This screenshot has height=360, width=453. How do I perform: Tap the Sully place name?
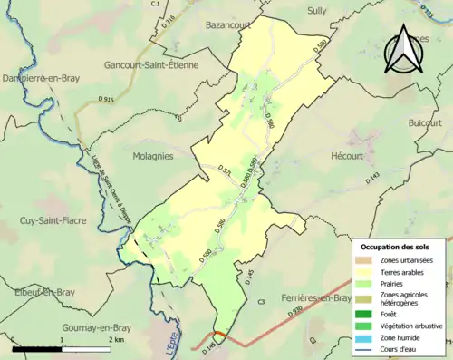[315, 10]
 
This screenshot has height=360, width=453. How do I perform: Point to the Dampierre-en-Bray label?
[40, 79]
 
